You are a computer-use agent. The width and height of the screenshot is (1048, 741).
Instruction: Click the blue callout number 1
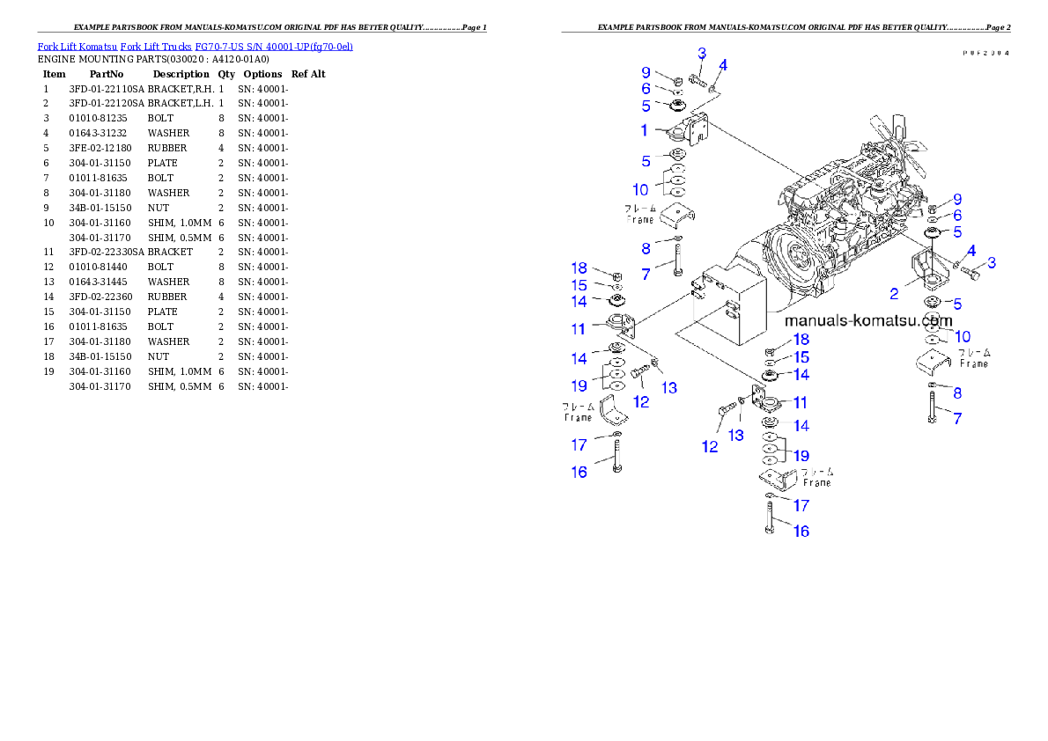645,130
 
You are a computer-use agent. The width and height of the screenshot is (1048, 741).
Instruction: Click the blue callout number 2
894,294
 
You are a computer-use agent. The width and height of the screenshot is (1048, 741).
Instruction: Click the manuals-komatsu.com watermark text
869,321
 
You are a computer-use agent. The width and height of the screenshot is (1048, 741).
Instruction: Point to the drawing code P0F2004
985,53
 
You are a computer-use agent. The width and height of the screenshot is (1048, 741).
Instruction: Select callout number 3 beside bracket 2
992,262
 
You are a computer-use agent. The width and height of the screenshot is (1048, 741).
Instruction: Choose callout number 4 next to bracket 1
723,65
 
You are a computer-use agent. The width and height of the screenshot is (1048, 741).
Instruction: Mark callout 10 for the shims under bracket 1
640,189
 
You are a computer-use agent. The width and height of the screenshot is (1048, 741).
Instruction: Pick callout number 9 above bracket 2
957,200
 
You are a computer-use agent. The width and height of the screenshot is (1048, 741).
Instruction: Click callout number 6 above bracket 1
646,89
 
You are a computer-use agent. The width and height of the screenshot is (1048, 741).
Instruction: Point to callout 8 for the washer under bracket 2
957,393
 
